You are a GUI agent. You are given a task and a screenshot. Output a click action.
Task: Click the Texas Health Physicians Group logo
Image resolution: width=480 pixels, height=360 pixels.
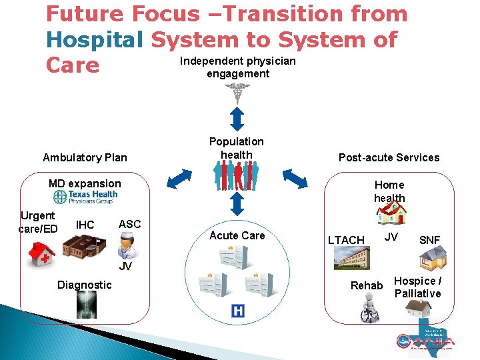click(85, 197)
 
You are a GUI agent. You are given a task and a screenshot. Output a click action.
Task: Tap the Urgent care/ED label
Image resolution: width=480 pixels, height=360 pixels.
click(38, 222)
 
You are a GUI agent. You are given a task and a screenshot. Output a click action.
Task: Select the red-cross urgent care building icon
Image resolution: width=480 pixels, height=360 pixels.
click(42, 249)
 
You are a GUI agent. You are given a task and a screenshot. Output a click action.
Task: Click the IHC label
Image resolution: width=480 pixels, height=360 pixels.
click(85, 225)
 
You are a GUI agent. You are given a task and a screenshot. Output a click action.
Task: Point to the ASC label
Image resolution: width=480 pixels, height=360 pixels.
click(129, 224)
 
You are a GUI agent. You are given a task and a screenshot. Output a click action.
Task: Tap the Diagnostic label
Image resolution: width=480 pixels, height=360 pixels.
click(84, 285)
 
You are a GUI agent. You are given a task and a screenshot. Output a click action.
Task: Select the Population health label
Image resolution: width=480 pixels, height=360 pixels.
click(236, 148)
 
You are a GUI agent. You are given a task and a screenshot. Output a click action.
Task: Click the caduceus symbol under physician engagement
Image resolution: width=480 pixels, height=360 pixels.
click(237, 94)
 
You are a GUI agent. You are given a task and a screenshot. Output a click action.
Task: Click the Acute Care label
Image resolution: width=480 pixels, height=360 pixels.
click(237, 235)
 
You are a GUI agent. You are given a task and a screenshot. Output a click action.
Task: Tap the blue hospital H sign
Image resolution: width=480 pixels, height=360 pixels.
click(237, 311)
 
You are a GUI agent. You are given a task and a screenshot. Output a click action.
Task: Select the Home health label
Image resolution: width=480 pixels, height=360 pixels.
click(389, 191)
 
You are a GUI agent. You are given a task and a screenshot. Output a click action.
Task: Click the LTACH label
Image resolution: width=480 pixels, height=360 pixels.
click(346, 240)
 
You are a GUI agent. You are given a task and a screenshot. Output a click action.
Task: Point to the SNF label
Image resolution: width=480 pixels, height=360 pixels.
click(429, 240)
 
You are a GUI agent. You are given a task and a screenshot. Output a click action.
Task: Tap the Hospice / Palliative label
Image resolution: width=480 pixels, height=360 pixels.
click(417, 287)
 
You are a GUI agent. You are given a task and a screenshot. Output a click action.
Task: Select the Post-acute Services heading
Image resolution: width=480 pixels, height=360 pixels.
click(389, 157)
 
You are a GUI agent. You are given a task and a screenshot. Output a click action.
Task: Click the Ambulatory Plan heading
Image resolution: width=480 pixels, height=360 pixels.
click(85, 158)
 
